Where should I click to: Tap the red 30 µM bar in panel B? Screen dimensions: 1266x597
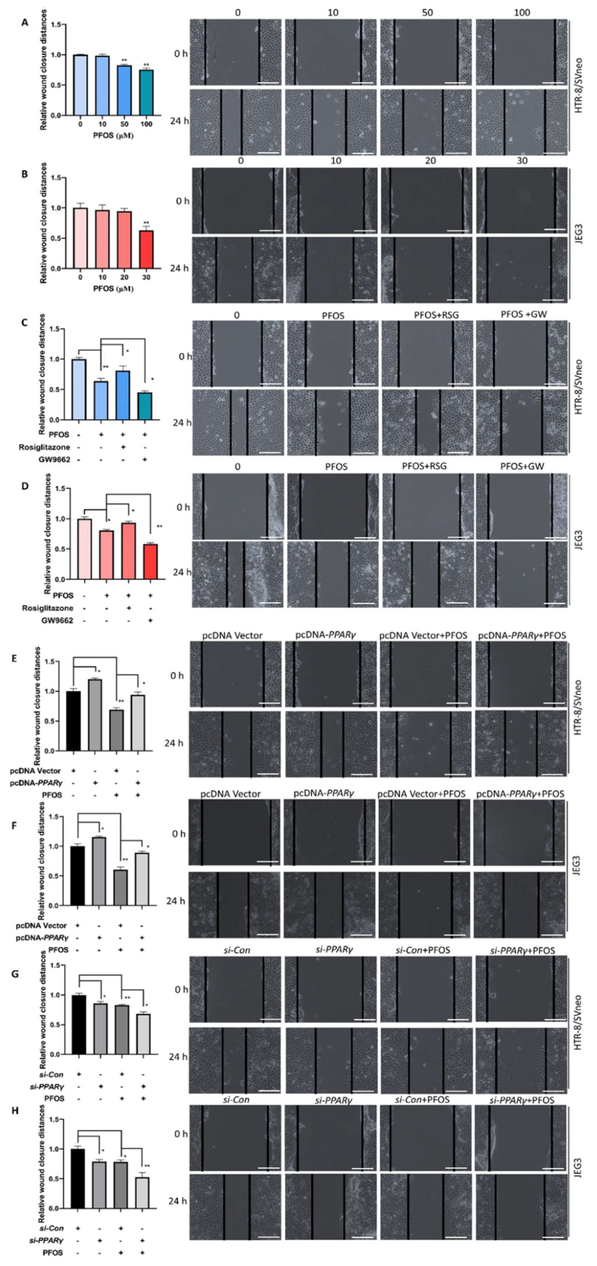click(x=146, y=250)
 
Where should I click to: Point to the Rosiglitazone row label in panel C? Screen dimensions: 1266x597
click(x=44, y=447)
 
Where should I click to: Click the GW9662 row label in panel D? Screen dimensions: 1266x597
click(x=54, y=620)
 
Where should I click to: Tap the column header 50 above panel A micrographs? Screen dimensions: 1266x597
click(x=427, y=12)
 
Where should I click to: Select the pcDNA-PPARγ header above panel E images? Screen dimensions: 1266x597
click(x=326, y=635)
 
